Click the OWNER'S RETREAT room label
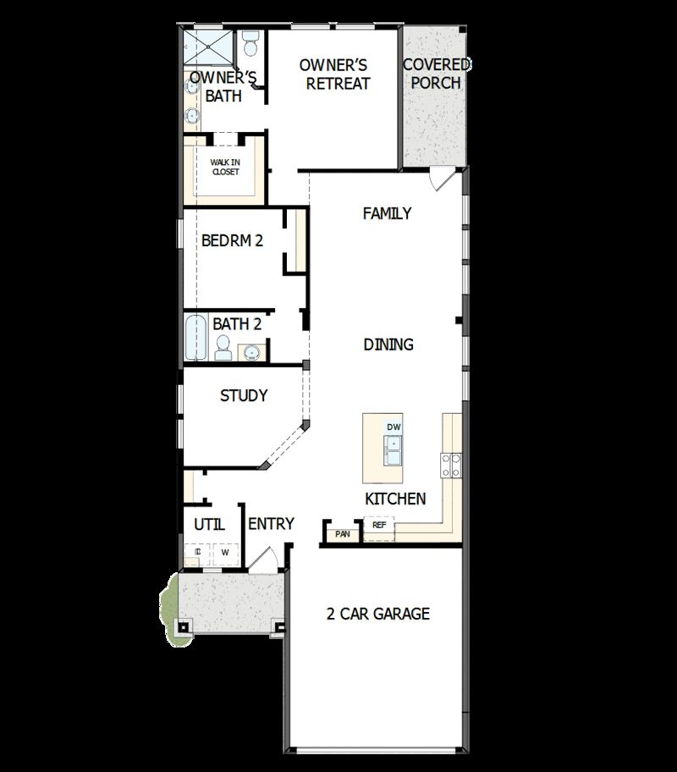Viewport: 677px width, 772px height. (338, 74)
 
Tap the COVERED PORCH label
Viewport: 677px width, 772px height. (437, 74)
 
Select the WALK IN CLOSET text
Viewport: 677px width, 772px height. (225, 167)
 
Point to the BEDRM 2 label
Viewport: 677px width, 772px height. (232, 240)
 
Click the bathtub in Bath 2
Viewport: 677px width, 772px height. (196, 339)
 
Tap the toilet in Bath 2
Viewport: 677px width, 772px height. (223, 347)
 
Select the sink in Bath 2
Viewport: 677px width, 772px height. (252, 350)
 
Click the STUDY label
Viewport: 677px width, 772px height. (244, 395)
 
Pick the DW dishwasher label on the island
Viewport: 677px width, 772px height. (394, 427)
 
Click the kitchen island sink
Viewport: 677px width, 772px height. (394, 450)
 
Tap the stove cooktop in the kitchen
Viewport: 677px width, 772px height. (451, 464)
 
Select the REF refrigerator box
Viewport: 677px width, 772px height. (379, 526)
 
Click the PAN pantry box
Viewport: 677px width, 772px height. (343, 534)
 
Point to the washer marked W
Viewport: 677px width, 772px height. (225, 553)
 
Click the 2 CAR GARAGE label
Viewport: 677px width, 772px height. (378, 614)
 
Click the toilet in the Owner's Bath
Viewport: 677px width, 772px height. (250, 42)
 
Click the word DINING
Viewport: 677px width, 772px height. (388, 345)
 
